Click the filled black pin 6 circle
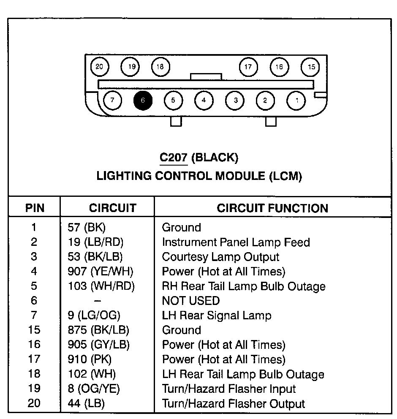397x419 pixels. (x=143, y=101)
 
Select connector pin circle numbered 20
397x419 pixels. (x=100, y=67)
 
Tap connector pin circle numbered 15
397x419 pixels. (x=311, y=67)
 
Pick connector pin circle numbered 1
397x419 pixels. (x=296, y=101)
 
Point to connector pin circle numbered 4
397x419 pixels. (x=204, y=101)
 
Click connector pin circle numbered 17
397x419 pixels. (x=248, y=67)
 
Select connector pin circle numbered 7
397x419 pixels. (x=112, y=101)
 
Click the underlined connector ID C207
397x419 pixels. (x=173, y=158)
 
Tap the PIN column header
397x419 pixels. (x=35, y=208)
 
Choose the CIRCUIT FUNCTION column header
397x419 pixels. (x=272, y=208)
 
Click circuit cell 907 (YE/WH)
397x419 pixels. (x=101, y=272)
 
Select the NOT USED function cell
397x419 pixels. (x=191, y=301)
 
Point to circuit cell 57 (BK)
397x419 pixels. (x=87, y=228)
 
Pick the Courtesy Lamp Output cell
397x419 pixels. (x=220, y=257)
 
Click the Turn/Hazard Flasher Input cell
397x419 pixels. (x=229, y=389)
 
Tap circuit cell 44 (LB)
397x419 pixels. (x=86, y=403)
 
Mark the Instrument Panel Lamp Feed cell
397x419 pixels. (x=236, y=242)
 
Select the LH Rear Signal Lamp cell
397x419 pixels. (x=217, y=316)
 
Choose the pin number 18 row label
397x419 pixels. (x=34, y=374)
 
